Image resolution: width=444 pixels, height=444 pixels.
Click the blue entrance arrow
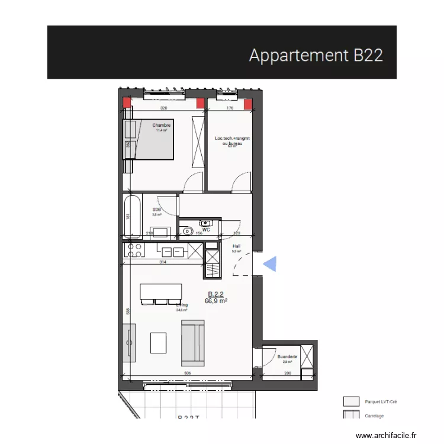pos(269,264)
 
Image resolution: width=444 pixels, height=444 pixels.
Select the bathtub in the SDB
pos(132,217)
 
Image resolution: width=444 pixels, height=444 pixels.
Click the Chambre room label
pos(162,126)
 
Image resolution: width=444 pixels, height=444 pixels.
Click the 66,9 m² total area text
pos(216,301)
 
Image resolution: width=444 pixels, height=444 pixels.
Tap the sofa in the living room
pos(192,342)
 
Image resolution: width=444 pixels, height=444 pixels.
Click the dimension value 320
pos(165,109)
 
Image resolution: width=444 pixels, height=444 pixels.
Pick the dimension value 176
pos(231,109)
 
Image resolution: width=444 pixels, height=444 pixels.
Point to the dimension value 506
pos(187,374)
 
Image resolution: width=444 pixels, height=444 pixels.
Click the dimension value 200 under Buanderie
pos(288,374)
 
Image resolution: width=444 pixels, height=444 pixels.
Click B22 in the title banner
pos(368,55)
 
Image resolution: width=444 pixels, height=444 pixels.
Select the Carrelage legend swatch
pos(352,416)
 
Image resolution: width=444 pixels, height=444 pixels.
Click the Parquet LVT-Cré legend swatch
pos(352,401)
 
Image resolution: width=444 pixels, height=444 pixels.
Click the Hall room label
pos(236,246)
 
